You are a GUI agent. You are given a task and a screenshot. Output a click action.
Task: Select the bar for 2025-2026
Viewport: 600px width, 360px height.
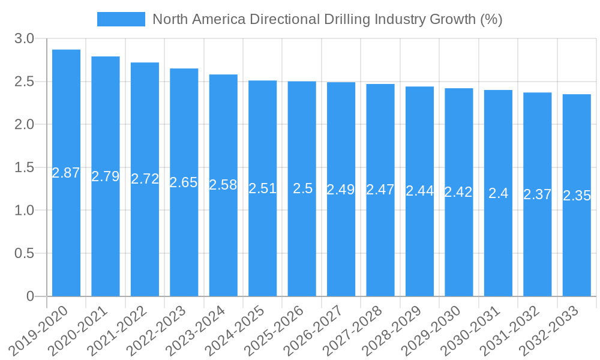point(302,188)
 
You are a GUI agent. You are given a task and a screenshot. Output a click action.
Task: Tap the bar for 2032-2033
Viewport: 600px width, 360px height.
point(577,195)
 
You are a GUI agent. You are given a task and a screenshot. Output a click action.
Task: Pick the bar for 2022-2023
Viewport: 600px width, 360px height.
point(184,182)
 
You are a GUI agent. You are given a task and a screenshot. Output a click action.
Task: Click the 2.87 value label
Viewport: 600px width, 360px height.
point(66,173)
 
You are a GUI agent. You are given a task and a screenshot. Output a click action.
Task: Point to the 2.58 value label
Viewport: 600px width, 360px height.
point(223,185)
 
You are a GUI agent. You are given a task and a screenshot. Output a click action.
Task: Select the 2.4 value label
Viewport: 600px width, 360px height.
point(498,193)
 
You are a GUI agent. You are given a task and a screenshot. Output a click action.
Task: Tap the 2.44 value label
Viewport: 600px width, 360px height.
point(420,191)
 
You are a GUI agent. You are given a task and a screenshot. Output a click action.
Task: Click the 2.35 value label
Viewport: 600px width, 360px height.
point(577,196)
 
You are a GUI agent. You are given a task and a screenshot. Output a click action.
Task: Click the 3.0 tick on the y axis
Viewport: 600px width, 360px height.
point(25,39)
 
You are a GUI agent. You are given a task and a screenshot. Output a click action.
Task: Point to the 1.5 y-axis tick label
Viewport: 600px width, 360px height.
point(25,168)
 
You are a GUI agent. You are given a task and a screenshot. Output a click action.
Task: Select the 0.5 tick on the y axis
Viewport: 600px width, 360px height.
point(25,254)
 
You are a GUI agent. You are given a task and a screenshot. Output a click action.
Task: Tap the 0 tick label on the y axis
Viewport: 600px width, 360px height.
point(31,296)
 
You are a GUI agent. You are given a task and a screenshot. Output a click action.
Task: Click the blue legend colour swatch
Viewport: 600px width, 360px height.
point(121,19)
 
